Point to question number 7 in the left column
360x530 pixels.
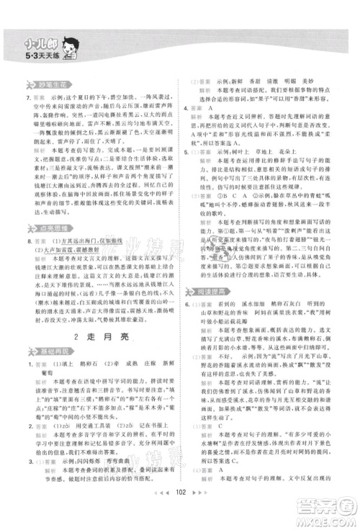(x=27, y=97)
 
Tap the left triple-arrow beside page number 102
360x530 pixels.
(x=162, y=506)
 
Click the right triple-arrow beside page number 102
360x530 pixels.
(x=199, y=506)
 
